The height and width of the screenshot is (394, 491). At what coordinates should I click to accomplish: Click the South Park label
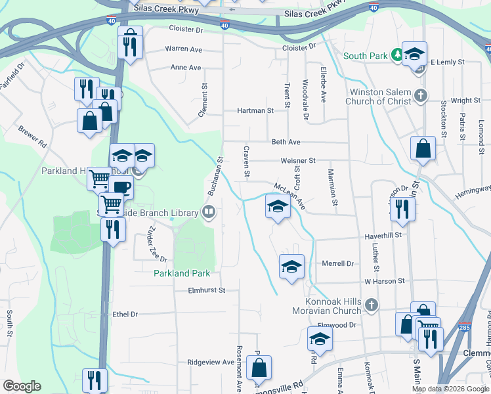pyautogui.click(x=365, y=56)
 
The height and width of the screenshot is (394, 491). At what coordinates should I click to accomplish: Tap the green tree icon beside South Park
pyautogui.click(x=396, y=55)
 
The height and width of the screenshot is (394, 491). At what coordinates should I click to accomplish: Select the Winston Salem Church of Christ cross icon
pyautogui.click(x=421, y=97)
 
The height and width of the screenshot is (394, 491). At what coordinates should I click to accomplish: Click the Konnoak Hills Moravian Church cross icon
pyautogui.click(x=372, y=305)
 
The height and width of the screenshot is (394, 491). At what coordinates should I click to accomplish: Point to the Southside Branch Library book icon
pyautogui.click(x=209, y=212)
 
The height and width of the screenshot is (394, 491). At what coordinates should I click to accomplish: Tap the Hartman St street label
pyautogui.click(x=255, y=111)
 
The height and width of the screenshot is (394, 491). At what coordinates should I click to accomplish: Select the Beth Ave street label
pyautogui.click(x=286, y=142)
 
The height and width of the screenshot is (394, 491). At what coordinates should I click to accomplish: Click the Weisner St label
pyautogui.click(x=298, y=160)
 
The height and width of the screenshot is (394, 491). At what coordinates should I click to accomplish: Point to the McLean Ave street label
pyautogui.click(x=289, y=196)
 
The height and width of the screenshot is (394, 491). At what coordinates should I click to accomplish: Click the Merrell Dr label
pyautogui.click(x=338, y=263)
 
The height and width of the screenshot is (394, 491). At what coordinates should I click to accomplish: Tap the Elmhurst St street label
pyautogui.click(x=206, y=290)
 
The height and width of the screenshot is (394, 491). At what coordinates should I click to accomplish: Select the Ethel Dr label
pyautogui.click(x=125, y=315)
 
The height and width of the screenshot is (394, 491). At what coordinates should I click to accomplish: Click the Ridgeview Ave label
pyautogui.click(x=211, y=362)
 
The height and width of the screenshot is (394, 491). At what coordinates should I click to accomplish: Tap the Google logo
pyautogui.click(x=22, y=386)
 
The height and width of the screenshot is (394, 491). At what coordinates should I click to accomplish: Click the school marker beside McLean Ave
pyautogui.click(x=278, y=206)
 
